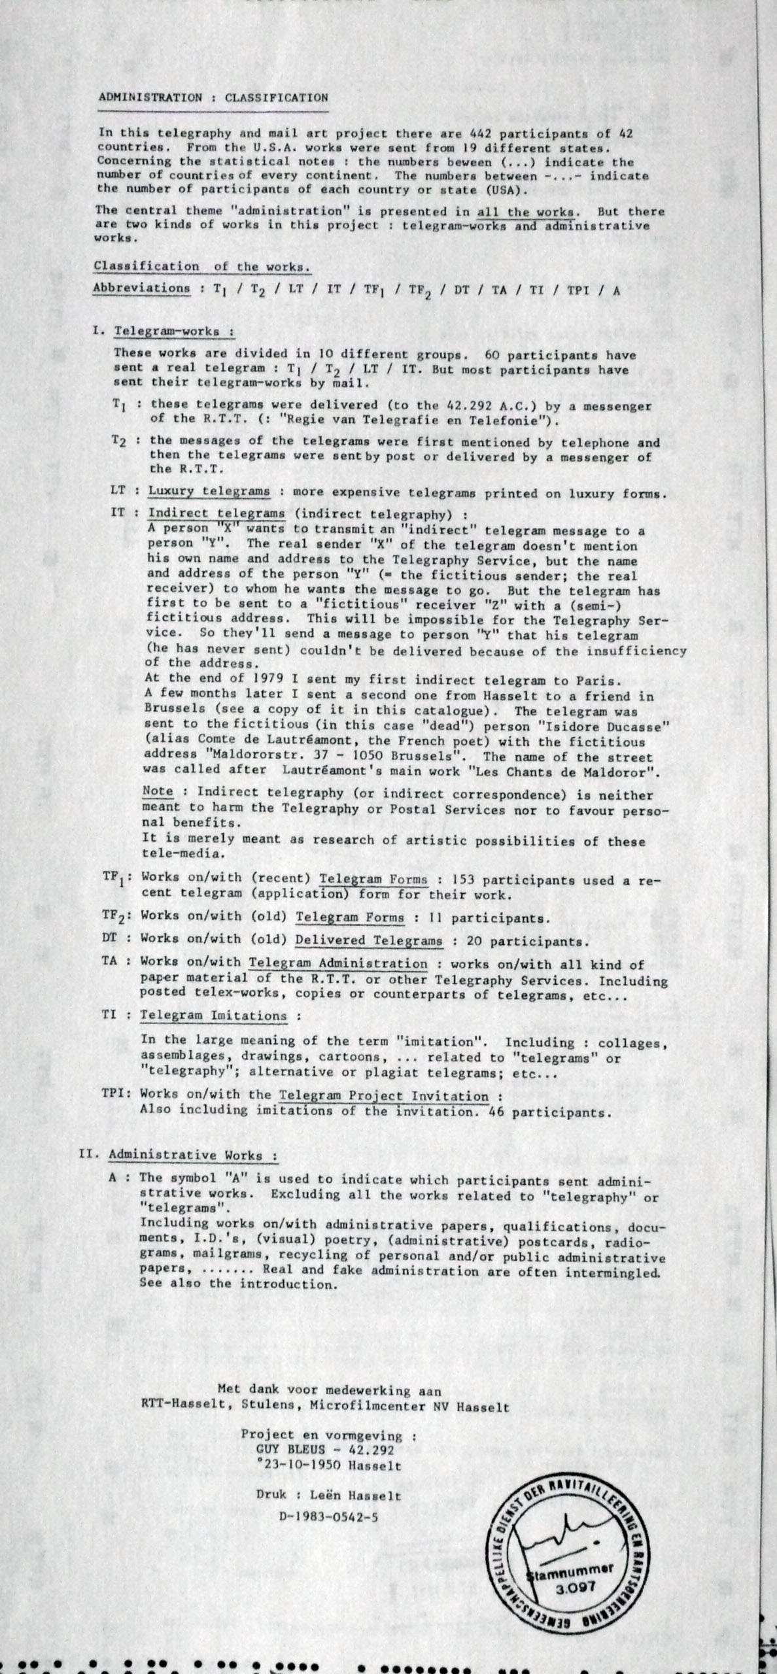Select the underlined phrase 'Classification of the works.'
201,266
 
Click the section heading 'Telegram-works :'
174,331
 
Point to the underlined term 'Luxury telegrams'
209,491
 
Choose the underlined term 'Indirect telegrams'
216,513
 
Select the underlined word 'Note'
158,792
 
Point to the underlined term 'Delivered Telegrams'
369,941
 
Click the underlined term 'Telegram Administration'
337,963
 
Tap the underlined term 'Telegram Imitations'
213,1016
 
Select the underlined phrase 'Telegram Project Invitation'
384,1097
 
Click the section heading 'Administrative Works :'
192,1155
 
